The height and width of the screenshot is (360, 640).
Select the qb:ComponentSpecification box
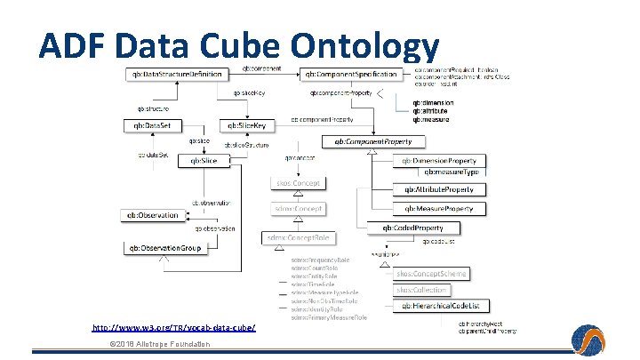pyautogui.click(x=349, y=74)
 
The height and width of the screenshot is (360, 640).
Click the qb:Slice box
pyautogui.click(x=198, y=160)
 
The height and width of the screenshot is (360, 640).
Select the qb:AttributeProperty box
pyautogui.click(x=439, y=189)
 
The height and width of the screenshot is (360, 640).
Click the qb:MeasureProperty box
pyautogui.click(x=439, y=208)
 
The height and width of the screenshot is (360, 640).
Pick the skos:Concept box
pyautogui.click(x=298, y=182)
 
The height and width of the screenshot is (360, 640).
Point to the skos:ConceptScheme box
pyautogui.click(x=431, y=274)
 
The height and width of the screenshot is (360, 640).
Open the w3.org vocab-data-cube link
pyautogui.click(x=174, y=329)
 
